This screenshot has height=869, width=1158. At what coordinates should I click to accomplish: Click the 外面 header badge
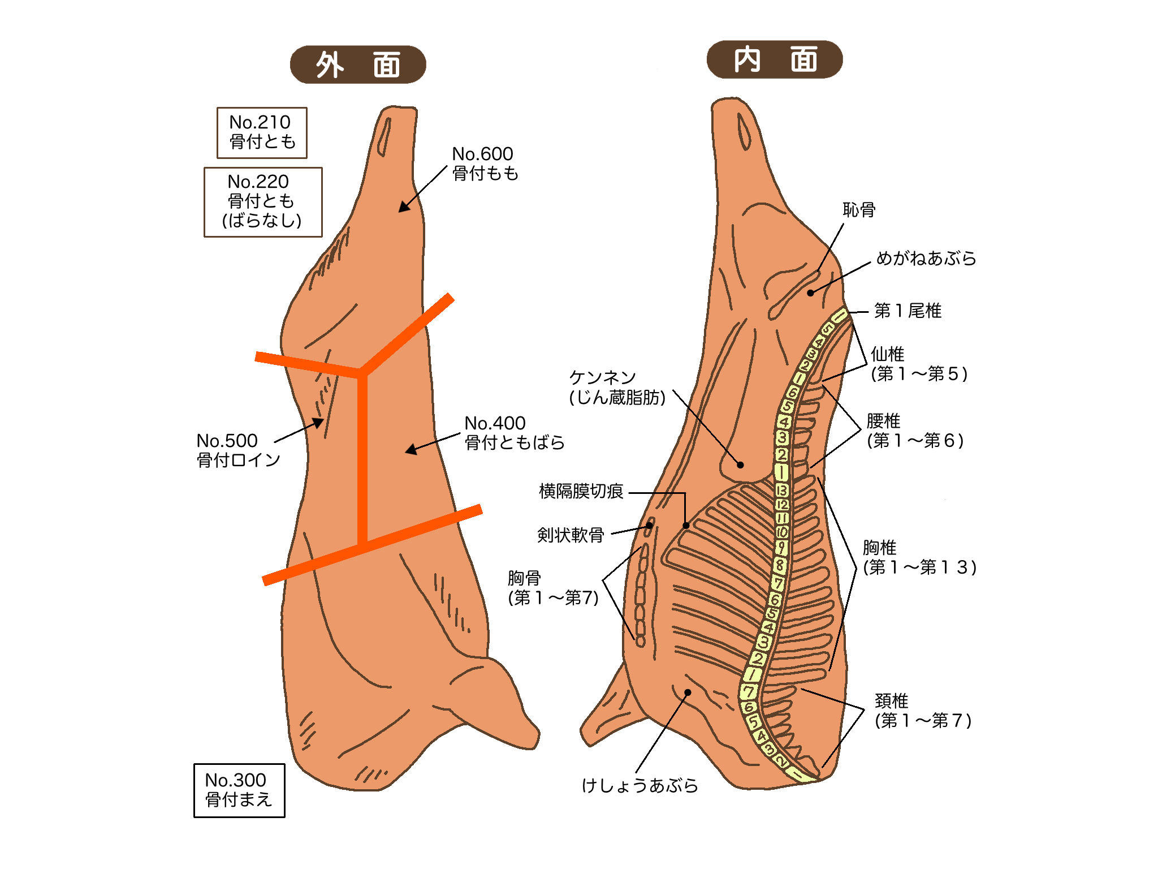click(357, 64)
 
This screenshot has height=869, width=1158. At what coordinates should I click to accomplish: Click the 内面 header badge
click(774, 59)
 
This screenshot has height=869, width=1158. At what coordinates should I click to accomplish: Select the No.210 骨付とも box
click(262, 132)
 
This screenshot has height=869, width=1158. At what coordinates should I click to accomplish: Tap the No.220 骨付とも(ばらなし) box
click(263, 201)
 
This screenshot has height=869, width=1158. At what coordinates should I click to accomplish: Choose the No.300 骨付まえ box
click(239, 790)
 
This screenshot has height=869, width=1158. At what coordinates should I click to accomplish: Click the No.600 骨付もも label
click(485, 164)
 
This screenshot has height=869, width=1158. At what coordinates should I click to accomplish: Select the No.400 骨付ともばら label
click(513, 433)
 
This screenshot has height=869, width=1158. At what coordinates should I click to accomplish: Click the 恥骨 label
click(859, 210)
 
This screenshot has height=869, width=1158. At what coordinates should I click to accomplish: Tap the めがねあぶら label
click(926, 259)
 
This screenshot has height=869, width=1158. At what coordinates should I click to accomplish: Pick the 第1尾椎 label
click(907, 311)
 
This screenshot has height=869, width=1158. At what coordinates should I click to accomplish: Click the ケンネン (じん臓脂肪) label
click(617, 388)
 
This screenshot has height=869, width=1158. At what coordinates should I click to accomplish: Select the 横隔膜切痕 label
click(581, 491)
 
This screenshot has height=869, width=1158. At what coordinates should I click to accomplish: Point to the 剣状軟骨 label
click(570, 535)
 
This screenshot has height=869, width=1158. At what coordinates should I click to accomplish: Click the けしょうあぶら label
click(640, 785)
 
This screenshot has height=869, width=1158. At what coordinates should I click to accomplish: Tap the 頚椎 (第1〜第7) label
click(922, 711)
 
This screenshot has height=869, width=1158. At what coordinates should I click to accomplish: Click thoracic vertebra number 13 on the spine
click(782, 490)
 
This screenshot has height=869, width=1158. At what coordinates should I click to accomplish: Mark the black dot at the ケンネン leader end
click(740, 465)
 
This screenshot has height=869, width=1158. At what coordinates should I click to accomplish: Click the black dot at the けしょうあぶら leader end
click(688, 692)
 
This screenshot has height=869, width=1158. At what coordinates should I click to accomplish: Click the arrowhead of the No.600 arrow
click(403, 208)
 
